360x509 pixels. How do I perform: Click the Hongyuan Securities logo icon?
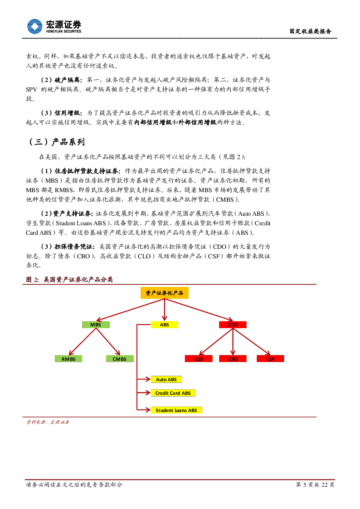[34, 26]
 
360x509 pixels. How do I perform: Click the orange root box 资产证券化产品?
[164, 293]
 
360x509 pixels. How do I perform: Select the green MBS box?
[96, 325]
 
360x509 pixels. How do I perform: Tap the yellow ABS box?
[164, 325]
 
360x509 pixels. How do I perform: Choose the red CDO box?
[233, 325]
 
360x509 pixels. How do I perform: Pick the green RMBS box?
[68, 359]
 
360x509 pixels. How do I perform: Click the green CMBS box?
[120, 359]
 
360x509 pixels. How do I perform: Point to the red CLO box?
[199, 359]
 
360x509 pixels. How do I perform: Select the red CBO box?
[233, 359]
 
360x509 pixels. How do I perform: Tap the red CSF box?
[270, 359]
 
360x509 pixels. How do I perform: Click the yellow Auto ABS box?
[166, 379]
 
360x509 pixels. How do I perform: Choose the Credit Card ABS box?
[173, 393]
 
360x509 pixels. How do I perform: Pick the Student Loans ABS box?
[176, 410]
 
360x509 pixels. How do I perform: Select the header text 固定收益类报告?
[311, 31]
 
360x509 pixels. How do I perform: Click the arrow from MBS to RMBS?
[83, 341]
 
